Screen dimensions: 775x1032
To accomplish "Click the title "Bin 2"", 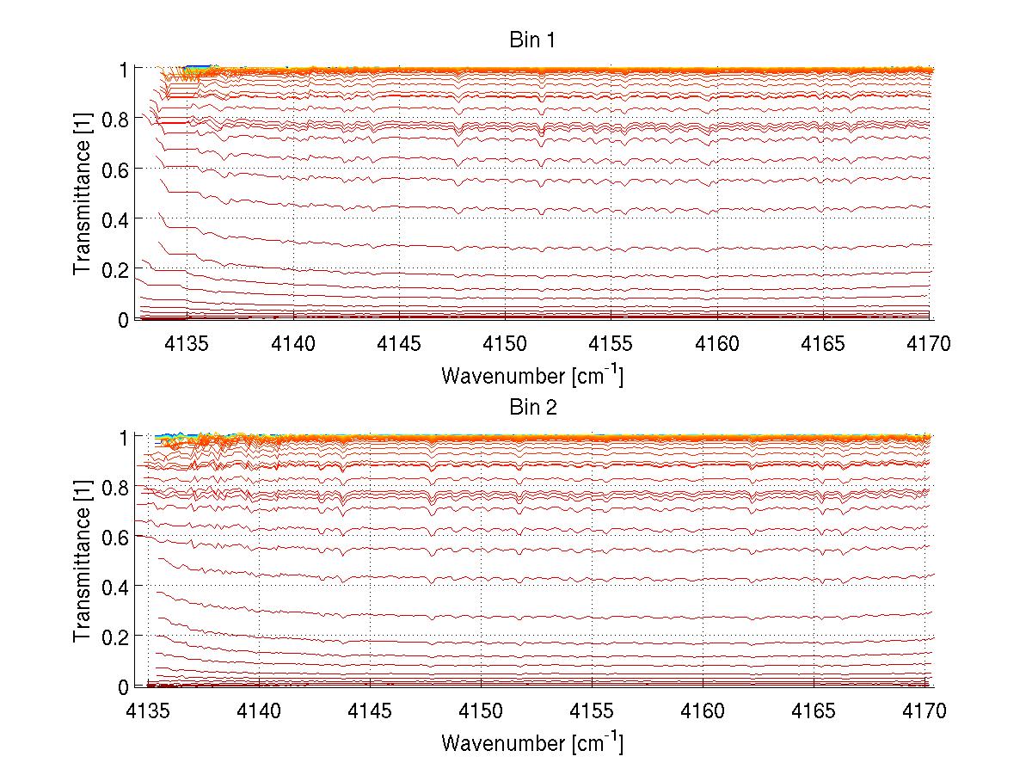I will tap(532, 408).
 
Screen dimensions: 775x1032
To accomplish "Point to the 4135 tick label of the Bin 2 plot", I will tap(148, 712).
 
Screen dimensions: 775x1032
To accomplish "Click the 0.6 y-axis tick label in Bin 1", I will tap(116, 169).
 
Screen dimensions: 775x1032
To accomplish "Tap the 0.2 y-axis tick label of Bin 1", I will tap(116, 269).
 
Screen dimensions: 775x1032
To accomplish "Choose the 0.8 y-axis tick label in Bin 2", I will tap(116, 487).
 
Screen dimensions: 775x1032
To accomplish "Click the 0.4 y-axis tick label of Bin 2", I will tap(116, 587).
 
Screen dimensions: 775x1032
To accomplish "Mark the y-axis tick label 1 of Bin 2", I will tap(124, 437).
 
